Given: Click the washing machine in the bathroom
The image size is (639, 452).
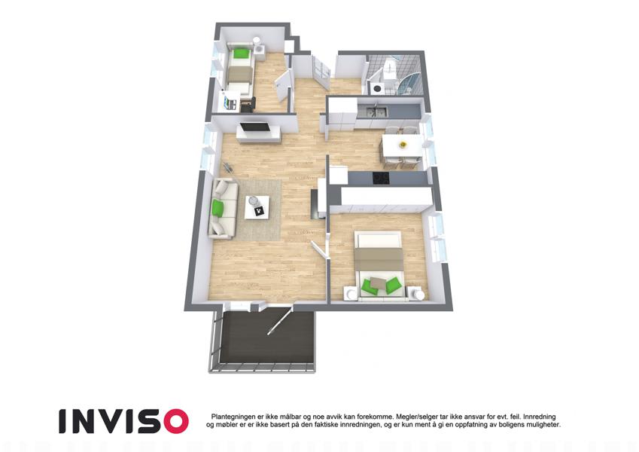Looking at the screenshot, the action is pyautogui.click(x=376, y=88).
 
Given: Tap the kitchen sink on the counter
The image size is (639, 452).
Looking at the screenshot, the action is pyautogui.click(x=376, y=110).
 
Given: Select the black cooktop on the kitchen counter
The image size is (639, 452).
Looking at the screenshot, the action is pyautogui.click(x=381, y=178).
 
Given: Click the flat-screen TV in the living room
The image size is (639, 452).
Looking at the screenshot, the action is pyautogui.click(x=255, y=127).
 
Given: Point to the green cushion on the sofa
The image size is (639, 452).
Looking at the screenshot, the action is pyautogui.click(x=218, y=209).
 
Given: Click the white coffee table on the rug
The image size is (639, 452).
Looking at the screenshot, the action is pyautogui.click(x=257, y=207).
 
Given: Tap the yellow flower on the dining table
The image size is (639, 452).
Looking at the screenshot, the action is pyautogui.click(x=403, y=145).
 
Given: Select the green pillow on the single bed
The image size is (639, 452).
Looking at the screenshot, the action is pyautogui.click(x=240, y=53).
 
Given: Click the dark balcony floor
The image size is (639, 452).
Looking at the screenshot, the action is pyautogui.click(x=266, y=337).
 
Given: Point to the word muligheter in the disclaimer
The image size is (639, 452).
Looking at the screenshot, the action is pyautogui.click(x=543, y=425).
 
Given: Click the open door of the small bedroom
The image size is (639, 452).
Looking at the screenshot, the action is pyautogui.click(x=282, y=86).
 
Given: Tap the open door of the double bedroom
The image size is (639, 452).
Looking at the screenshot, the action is pyautogui.click(x=319, y=249).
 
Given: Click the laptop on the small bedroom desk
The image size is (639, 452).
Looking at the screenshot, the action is pyautogui.click(x=230, y=102).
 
